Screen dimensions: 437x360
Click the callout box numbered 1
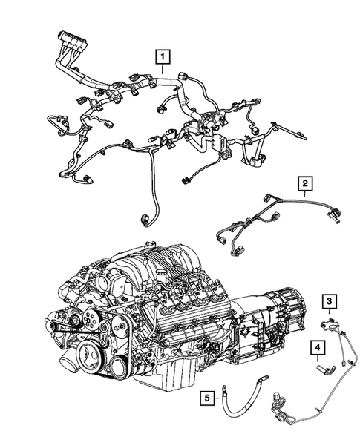(x=161, y=55)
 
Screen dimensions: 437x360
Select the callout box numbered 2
(x=304, y=183)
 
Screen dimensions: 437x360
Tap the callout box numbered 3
(x=327, y=300)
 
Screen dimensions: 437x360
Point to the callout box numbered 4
(x=316, y=347)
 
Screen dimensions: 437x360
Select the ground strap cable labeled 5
(x=242, y=401)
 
